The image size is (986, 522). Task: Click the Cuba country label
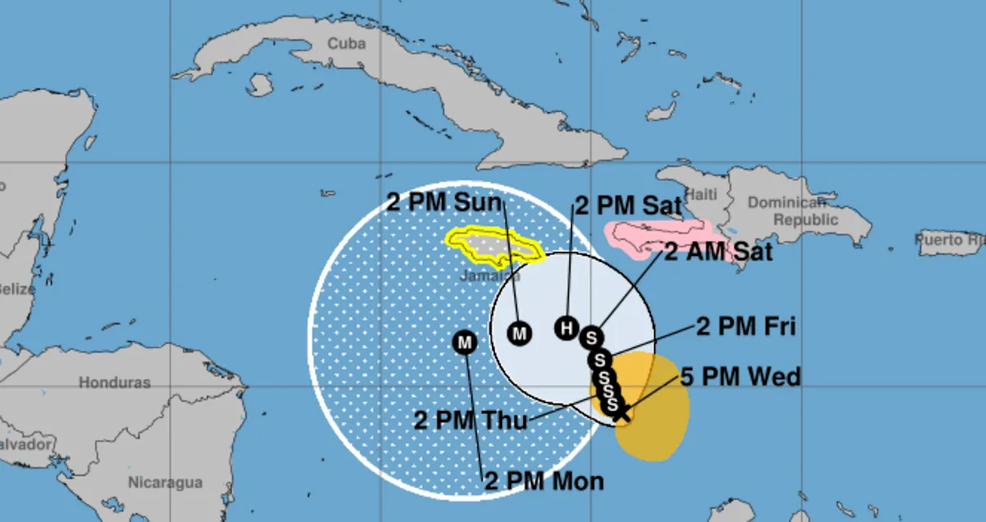click(346, 43)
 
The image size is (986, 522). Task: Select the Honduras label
click(114, 382)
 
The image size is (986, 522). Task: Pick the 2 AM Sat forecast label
click(718, 251)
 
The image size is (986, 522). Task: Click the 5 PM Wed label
click(740, 378)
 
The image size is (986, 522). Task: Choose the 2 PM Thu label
click(471, 421)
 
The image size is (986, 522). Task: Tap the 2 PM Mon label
click(544, 481)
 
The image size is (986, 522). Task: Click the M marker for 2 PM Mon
click(465, 342)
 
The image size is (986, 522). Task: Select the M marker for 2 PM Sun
click(520, 332)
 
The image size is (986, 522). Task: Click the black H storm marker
click(566, 327)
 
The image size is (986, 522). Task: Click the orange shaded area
click(657, 419)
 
